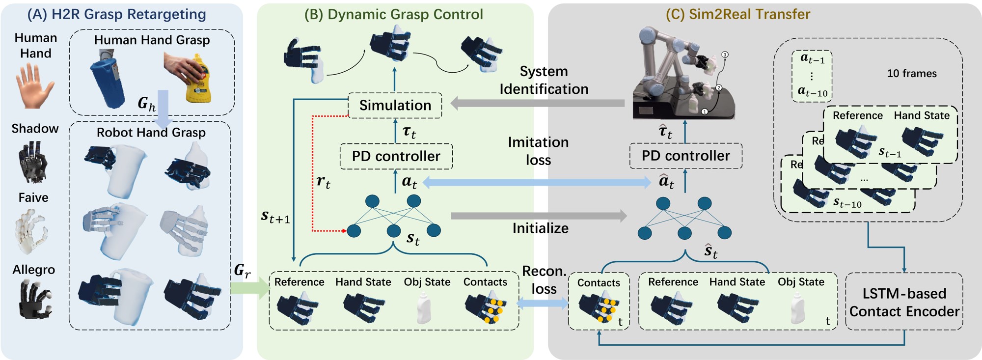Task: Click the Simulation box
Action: pos(395,105)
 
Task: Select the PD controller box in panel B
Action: pos(396,156)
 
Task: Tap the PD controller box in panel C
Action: pos(685,156)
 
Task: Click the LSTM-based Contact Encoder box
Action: pos(904,302)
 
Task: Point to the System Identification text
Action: pos(544,80)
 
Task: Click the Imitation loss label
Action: pos(538,151)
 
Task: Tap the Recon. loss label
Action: pos(544,280)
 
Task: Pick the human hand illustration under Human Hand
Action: pos(35,85)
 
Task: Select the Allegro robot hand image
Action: pos(34,299)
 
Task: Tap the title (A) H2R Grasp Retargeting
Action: pos(116,14)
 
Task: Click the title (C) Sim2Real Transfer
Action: pos(737,14)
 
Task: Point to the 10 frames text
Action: pos(911,74)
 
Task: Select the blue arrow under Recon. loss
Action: pos(543,304)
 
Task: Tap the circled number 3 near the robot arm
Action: pos(725,55)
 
